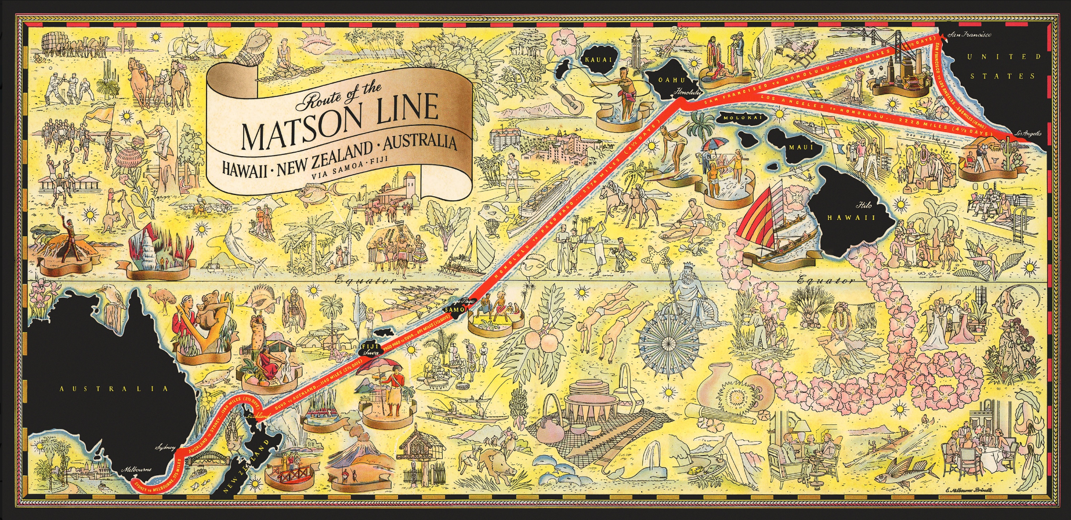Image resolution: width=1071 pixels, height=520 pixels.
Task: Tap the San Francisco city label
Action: coord(968,36)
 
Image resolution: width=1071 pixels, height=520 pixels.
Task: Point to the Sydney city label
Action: coord(165,447)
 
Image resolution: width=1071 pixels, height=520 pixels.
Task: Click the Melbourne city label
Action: coord(136,470)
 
